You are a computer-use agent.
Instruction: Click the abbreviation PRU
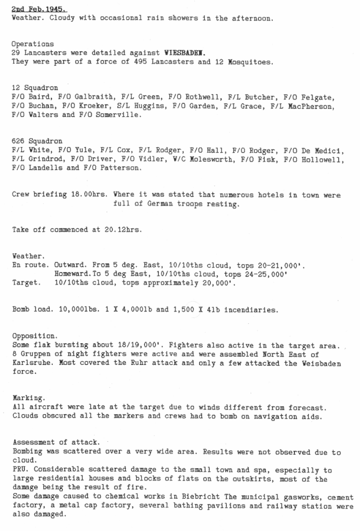point(19,469)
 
